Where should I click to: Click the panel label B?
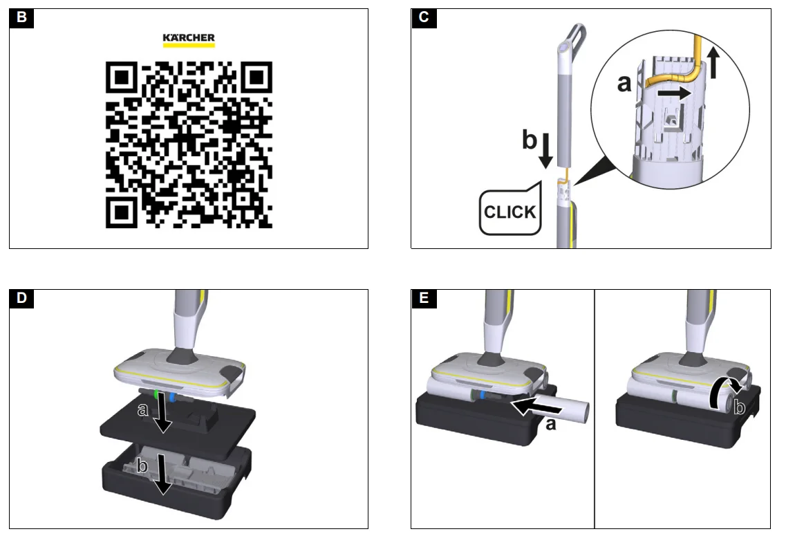pos(21,17)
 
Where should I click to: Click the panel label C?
pos(424,17)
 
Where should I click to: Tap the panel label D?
pos(21,298)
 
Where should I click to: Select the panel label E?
pos(424,298)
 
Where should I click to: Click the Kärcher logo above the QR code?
pos(189,40)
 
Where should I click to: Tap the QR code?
pos(189,145)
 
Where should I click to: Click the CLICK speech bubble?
pos(510,210)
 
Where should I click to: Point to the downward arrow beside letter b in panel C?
pos(546,149)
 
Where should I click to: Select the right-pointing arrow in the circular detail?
pos(675,93)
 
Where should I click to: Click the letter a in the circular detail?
pos(624,84)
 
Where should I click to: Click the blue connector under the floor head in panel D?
pos(172,397)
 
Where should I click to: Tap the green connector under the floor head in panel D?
pos(157,395)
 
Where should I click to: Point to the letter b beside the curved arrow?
pos(740,407)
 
